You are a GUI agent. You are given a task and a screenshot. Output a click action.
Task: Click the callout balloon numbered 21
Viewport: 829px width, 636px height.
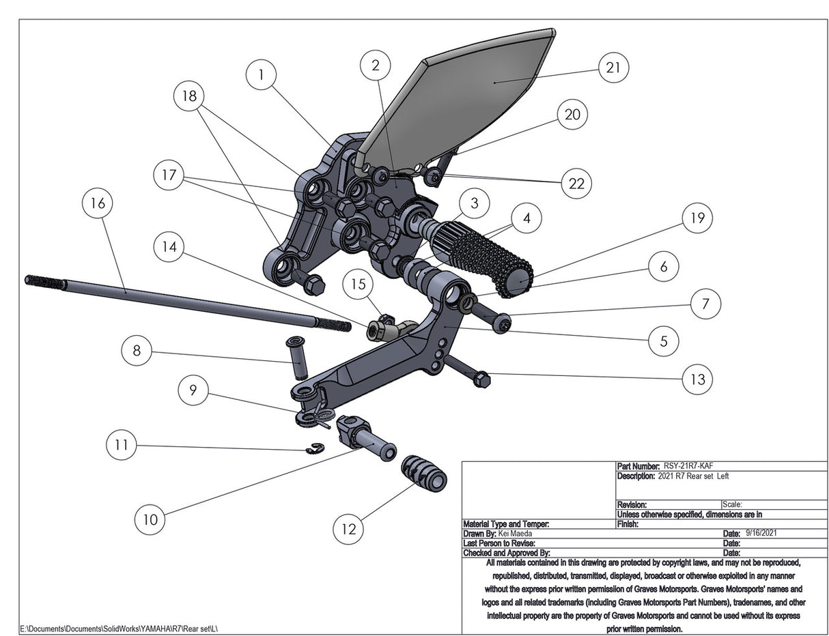click(613, 68)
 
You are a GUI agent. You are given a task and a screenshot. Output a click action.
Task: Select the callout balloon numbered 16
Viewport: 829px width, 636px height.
click(97, 204)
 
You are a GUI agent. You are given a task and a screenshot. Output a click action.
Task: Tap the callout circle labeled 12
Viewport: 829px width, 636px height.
click(348, 529)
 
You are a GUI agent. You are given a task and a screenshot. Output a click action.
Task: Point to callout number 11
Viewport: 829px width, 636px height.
click(122, 446)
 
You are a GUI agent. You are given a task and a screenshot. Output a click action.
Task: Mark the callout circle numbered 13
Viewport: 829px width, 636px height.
click(697, 379)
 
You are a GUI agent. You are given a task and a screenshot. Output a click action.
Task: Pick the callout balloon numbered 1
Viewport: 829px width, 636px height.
click(262, 75)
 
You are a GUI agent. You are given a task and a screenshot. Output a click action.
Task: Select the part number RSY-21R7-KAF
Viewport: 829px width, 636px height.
click(688, 466)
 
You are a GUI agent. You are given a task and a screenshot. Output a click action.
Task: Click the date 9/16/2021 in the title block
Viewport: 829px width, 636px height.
click(761, 533)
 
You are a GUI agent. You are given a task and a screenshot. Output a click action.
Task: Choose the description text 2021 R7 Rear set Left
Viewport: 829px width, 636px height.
click(693, 476)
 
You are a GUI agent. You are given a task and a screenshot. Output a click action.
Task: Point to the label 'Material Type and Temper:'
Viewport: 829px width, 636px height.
click(506, 524)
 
